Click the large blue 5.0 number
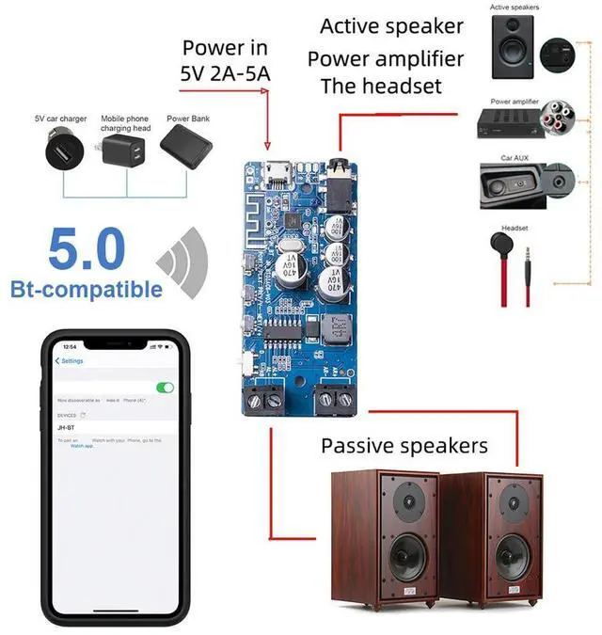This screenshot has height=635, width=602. click(x=87, y=250)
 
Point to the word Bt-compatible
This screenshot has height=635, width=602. click(x=87, y=289)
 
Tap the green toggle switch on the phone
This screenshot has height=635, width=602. click(x=166, y=388)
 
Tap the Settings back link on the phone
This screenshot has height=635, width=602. click(x=70, y=361)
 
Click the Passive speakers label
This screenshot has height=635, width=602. click(x=404, y=445)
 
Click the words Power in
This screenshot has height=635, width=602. click(x=225, y=48)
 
